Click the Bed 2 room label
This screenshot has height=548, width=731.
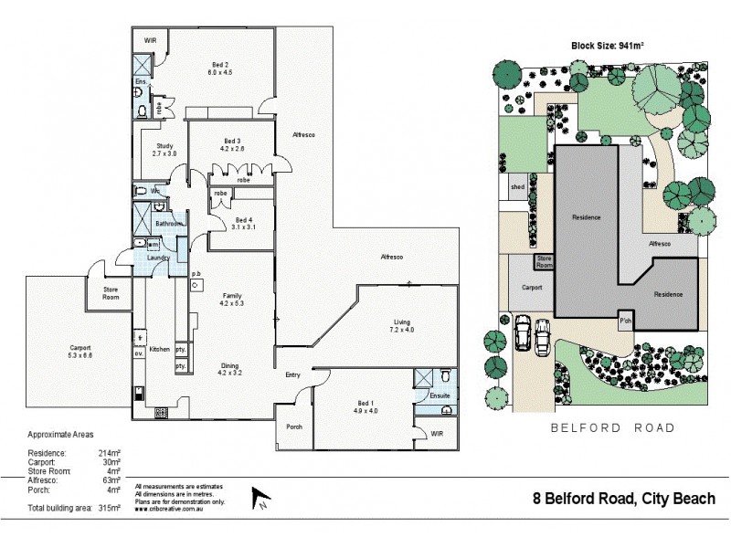[220, 64]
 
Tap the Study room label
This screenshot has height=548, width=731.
[164, 146]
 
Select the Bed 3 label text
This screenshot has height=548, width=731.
[232, 141]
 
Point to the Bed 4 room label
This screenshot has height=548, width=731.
[242, 220]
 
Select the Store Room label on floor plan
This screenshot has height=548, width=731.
[111, 293]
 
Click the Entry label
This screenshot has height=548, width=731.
[292, 375]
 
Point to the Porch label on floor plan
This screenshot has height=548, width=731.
[294, 427]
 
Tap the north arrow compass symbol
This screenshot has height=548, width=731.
[259, 499]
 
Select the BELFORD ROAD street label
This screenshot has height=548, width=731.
[612, 427]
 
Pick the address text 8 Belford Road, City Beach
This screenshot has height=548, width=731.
[624, 499]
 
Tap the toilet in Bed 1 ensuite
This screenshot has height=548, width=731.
[444, 376]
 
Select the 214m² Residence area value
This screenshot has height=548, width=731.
[110, 453]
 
